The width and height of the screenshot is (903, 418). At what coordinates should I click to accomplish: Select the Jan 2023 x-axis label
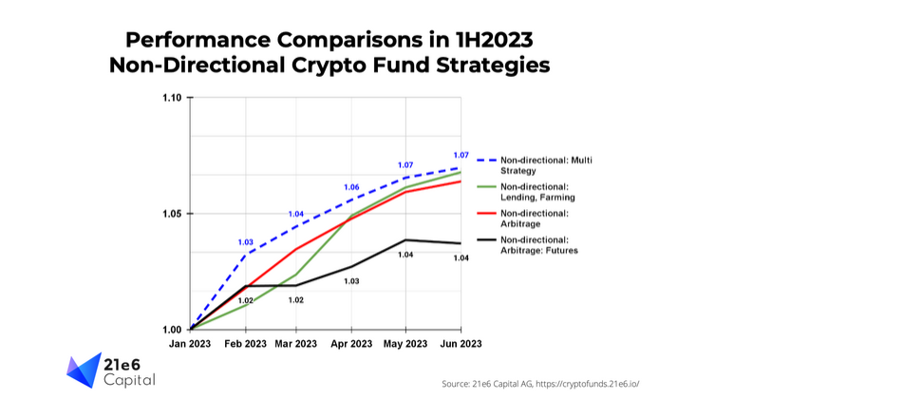pos(191,343)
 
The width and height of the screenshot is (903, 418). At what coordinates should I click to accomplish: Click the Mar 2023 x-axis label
pos(296,343)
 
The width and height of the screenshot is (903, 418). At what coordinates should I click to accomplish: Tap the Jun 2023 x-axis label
pos(461,343)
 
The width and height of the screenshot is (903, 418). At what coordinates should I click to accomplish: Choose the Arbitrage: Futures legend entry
pos(538,245)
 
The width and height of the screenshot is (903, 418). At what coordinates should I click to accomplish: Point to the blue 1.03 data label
pos(246,242)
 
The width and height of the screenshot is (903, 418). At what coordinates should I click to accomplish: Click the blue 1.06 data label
pos(351,187)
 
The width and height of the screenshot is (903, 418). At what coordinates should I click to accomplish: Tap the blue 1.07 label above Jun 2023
pos(461,155)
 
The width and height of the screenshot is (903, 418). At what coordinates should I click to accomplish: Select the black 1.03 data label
pos(351,281)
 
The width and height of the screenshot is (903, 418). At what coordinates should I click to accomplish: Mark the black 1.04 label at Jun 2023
pos(461,258)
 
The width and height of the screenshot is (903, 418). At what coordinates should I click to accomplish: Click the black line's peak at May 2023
pos(405,239)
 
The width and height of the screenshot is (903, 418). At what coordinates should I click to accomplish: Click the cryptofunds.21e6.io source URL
pos(586,384)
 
